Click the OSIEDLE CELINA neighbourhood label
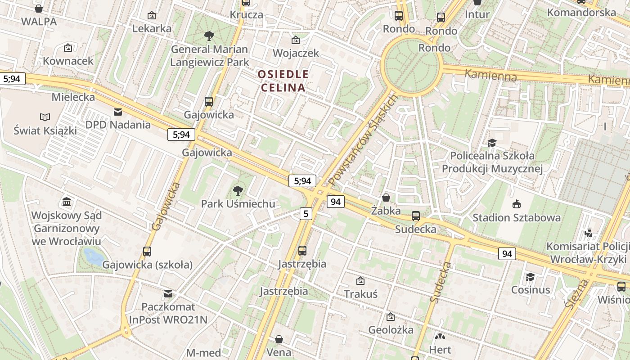(283, 81)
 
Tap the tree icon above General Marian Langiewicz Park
(209, 36)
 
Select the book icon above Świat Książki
(45, 117)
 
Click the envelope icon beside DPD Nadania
(118, 112)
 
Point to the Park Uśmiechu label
(238, 204)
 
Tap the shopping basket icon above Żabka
(386, 198)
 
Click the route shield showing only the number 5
(306, 213)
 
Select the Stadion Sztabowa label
(517, 218)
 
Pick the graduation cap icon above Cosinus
(531, 277)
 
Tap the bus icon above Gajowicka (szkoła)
(147, 252)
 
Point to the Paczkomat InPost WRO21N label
(168, 313)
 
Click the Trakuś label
(360, 294)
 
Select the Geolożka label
(391, 330)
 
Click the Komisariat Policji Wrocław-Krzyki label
(588, 253)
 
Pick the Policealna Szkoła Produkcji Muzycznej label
(492, 162)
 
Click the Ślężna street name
(576, 294)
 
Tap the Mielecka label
(73, 97)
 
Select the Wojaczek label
(296, 53)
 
